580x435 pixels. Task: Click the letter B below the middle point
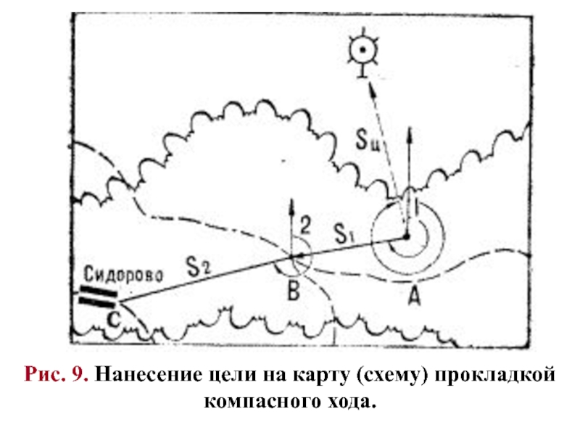tap(293, 291)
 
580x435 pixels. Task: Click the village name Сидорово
tap(125, 275)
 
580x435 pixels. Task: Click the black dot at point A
tap(407, 237)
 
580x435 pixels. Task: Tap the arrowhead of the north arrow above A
tap(409, 133)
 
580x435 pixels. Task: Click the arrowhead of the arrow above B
tap(291, 206)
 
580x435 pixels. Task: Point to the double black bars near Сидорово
tap(97, 296)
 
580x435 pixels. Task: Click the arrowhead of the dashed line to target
tap(370, 88)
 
